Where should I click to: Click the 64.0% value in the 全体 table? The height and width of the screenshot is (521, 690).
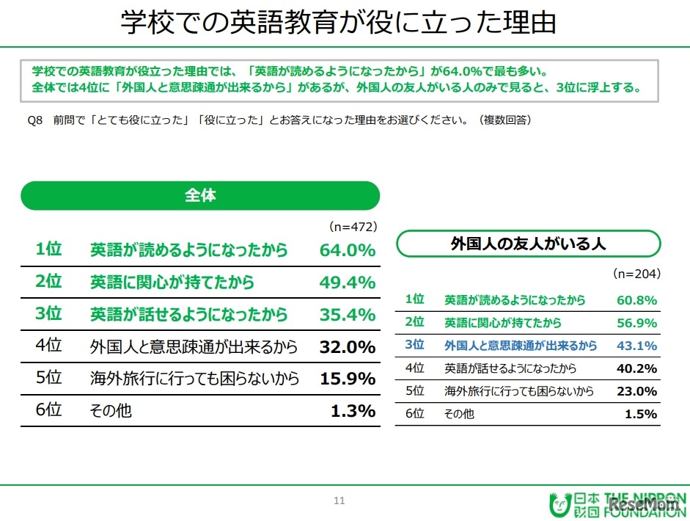click(347, 249)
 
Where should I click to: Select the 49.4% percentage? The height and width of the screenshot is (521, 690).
click(347, 282)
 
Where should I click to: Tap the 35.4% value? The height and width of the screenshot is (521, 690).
click(347, 314)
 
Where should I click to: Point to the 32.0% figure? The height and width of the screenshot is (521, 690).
click(347, 346)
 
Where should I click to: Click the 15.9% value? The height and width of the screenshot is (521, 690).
click(347, 379)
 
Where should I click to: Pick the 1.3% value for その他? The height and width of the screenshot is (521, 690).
click(353, 411)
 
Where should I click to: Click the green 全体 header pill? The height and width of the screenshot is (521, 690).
click(200, 196)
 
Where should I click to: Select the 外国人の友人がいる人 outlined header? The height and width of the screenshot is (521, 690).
click(528, 244)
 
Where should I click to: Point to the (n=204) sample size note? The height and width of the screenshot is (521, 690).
click(636, 274)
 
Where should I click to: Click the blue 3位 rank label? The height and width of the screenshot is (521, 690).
click(415, 345)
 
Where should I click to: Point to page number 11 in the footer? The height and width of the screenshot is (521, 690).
click(339, 501)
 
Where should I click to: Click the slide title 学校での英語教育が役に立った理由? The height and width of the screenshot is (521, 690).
click(338, 23)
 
